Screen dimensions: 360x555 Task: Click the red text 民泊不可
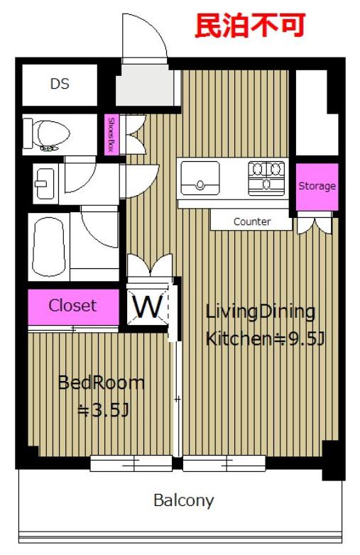(x=250, y=26)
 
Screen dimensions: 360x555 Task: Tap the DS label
(x=60, y=84)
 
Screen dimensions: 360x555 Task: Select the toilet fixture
(x=46, y=135)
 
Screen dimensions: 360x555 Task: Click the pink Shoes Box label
(x=111, y=135)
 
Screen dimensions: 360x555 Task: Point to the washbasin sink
(x=44, y=183)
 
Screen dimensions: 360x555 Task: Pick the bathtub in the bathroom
(x=49, y=247)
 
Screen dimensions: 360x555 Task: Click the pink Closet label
(x=72, y=305)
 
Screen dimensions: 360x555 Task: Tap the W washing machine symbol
(x=148, y=307)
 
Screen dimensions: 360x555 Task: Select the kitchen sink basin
(x=200, y=178)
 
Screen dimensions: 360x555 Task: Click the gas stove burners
(x=266, y=178)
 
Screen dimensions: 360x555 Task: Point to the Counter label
(x=252, y=221)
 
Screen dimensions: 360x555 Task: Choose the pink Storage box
(x=317, y=187)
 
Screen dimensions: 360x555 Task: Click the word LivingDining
(x=260, y=312)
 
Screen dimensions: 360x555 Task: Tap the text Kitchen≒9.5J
(x=265, y=339)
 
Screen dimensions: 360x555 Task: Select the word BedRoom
(x=102, y=383)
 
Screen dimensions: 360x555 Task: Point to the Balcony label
(x=184, y=501)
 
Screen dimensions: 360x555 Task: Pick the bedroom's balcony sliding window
(x=131, y=463)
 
